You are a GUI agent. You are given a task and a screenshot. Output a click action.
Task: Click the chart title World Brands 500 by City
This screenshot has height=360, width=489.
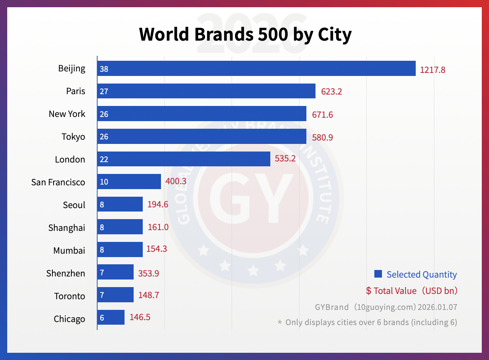point(245,35)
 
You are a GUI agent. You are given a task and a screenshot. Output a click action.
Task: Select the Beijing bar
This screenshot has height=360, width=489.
point(256,69)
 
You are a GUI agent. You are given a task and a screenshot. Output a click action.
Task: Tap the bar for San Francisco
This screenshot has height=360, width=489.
point(129,182)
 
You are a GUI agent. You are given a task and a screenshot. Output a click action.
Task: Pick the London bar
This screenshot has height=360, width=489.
point(184,159)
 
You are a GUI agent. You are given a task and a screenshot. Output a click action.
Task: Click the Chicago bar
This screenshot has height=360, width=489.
point(111,317)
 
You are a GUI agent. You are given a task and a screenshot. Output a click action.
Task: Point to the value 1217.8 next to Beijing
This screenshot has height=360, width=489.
point(432,70)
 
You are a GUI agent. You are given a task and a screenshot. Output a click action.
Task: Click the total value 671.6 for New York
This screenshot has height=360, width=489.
point(322,115)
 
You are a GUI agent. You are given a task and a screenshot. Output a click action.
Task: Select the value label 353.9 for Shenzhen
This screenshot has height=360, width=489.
point(148,274)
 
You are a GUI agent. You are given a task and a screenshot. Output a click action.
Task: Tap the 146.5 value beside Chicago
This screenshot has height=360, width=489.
point(140,317)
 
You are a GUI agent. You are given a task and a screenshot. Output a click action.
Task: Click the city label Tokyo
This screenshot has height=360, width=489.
point(73,137)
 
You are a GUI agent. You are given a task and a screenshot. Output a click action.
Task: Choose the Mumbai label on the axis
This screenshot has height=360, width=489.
point(69,251)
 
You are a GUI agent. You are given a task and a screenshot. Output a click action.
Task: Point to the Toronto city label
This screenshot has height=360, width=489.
point(69,296)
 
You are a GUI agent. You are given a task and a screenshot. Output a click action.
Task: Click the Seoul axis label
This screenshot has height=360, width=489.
point(74,205)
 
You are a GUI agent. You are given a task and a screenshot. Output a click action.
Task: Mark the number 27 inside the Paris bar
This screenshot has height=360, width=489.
point(104,92)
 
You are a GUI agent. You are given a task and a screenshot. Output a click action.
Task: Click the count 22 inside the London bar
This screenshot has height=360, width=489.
point(104,159)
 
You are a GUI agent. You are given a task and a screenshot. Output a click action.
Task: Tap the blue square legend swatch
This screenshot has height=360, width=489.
point(378,274)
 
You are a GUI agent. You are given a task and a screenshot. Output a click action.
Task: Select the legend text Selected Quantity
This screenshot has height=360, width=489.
point(421,275)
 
